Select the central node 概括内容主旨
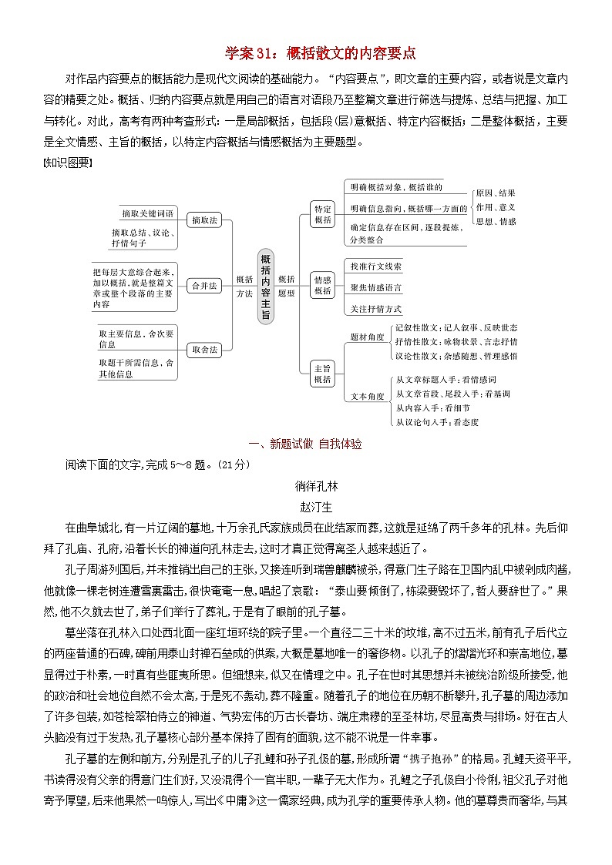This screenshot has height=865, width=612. point(265,285)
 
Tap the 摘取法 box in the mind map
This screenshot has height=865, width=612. point(204,220)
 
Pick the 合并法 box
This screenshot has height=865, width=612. point(204,285)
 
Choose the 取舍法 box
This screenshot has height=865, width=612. point(204,349)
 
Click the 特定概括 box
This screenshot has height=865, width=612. point(323,214)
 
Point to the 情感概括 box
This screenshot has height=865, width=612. point(323,285)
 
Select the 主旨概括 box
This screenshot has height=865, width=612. point(323,374)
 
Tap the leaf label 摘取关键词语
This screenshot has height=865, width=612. point(148,213)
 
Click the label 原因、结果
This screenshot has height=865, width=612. point(496,193)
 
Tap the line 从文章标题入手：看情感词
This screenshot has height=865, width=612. point(446,379)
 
